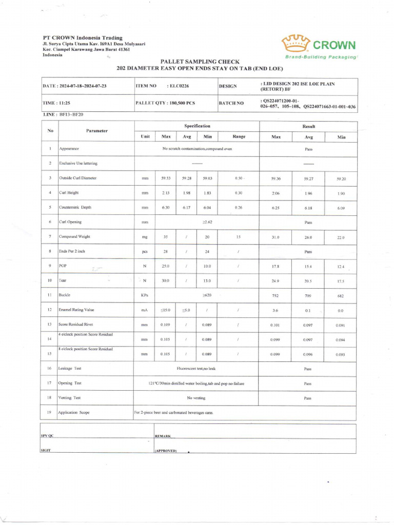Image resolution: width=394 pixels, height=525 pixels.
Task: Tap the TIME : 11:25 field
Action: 56,103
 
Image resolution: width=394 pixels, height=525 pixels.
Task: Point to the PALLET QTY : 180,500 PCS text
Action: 165,103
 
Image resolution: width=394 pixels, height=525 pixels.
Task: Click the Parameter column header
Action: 96,131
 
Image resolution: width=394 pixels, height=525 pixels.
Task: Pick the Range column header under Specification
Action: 239,136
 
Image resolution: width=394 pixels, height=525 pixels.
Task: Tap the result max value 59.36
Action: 275,178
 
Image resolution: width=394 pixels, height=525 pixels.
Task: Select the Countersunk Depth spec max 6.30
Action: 166,208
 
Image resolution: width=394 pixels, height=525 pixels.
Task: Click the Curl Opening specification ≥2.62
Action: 207,223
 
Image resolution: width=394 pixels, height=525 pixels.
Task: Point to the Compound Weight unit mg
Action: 144,237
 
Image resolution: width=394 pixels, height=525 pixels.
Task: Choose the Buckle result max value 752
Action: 275,296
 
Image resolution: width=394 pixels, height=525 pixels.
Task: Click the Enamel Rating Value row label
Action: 80,310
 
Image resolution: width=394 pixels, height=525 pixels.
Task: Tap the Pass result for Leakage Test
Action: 308,369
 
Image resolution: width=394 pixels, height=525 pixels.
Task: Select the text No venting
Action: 196,398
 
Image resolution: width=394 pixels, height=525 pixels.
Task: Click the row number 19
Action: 50,412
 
